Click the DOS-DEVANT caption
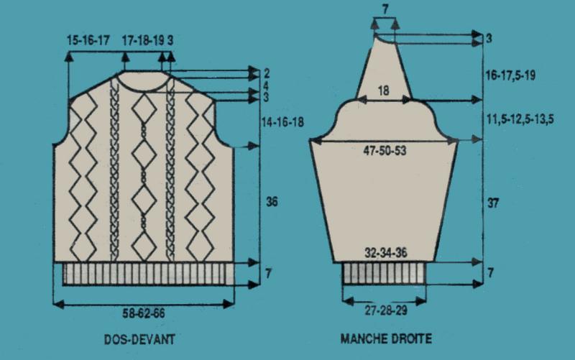(139, 339)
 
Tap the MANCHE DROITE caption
(386, 338)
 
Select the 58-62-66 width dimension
(143, 313)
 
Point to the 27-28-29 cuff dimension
(386, 310)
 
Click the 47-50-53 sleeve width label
(385, 150)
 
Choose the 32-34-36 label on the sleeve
(386, 253)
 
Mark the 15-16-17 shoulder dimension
(88, 40)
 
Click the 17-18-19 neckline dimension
(143, 40)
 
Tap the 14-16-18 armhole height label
(282, 121)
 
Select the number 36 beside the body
(272, 201)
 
